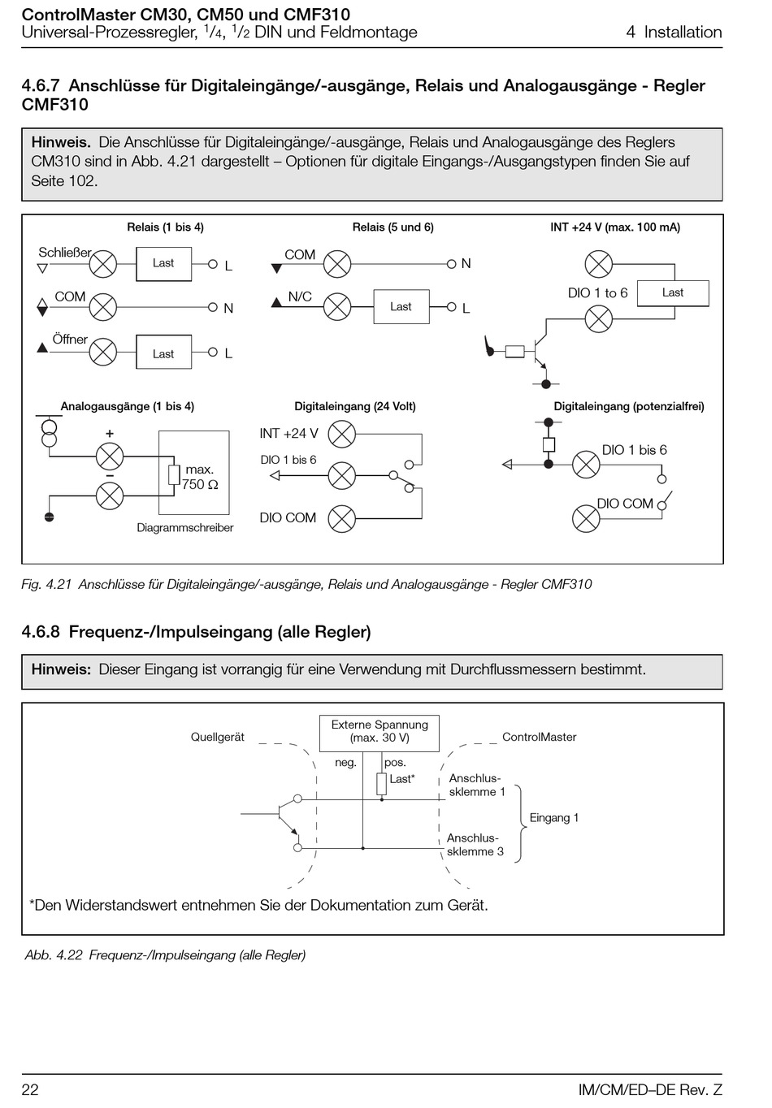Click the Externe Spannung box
click(x=379, y=733)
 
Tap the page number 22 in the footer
click(x=30, y=1089)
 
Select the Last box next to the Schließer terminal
click(x=164, y=264)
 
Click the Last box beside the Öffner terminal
click(x=164, y=352)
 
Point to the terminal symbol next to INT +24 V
click(x=342, y=434)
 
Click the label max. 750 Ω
click(x=199, y=477)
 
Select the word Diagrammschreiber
click(x=185, y=528)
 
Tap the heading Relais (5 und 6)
click(x=393, y=227)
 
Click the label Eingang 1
click(x=553, y=818)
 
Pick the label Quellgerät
click(x=218, y=737)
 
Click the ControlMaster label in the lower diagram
click(x=539, y=737)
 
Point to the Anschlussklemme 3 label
click(x=475, y=844)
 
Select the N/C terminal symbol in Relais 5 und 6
click(x=337, y=307)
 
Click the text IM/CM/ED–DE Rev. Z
click(x=650, y=1089)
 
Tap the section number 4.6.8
click(x=41, y=632)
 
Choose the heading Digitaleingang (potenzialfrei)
click(x=628, y=406)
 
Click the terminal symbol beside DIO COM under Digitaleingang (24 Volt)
click(x=342, y=518)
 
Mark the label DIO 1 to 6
click(x=597, y=292)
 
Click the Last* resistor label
click(x=401, y=779)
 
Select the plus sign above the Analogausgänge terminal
click(x=110, y=434)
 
